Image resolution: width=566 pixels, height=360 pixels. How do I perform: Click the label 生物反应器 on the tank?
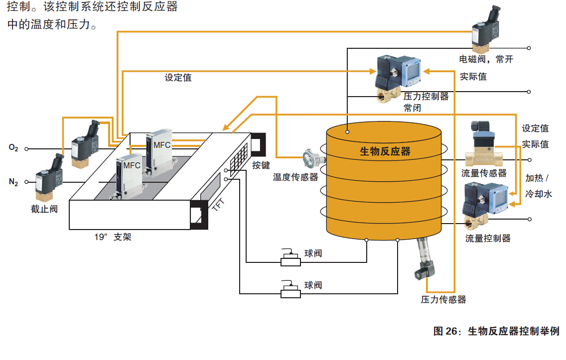coord(385,151)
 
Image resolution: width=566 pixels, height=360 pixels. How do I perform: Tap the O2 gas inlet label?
coord(13,148)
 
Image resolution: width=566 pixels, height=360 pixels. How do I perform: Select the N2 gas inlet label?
coord(13,182)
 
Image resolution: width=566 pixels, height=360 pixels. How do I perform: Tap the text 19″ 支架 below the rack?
coord(113,237)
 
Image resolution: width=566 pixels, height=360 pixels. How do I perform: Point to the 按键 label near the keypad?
coord(261,165)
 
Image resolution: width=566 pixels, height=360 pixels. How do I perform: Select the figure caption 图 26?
coord(496,331)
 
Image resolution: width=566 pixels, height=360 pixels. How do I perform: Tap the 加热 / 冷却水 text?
coord(539,186)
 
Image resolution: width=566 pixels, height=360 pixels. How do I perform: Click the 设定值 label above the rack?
coord(178,78)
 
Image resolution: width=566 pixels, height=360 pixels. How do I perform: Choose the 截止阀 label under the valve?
coord(45,209)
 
